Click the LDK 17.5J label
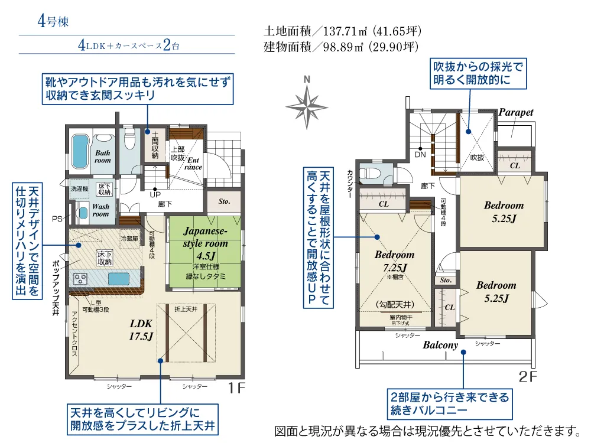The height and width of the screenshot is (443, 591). pos(141,330)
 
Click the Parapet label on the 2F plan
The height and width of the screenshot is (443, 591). pos(515,112)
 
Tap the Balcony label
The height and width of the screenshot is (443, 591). pos(440,345)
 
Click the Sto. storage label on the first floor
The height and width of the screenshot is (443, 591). pos(224,201)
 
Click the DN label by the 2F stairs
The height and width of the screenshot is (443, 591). pos(421,155)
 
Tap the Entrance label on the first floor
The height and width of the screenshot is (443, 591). pos(194,164)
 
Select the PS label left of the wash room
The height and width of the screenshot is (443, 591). pos(57,219)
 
